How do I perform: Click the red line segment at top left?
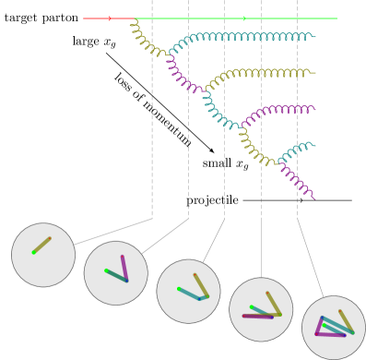pyautogui.click(x=97, y=18)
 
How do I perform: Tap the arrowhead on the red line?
pyautogui.click(x=110, y=18)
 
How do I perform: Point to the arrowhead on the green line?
pyautogui.click(x=244, y=18)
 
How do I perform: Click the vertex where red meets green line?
pyautogui.click(x=135, y=18)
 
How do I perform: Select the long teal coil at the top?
pyautogui.click(x=249, y=37)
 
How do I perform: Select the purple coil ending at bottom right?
pyautogui.click(x=297, y=180)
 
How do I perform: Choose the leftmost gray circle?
pyautogui.click(x=43, y=255)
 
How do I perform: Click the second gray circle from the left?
pyautogui.click(x=116, y=273)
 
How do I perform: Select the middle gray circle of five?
pyautogui.click(x=188, y=292)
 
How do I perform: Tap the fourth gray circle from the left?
pyautogui.click(x=261, y=309)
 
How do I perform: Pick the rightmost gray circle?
pyautogui.click(x=334, y=328)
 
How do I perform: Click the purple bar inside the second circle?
pyautogui.click(x=124, y=269)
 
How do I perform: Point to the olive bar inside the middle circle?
pyautogui.click(x=201, y=285)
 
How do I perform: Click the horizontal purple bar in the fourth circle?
pyautogui.click(x=257, y=317)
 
